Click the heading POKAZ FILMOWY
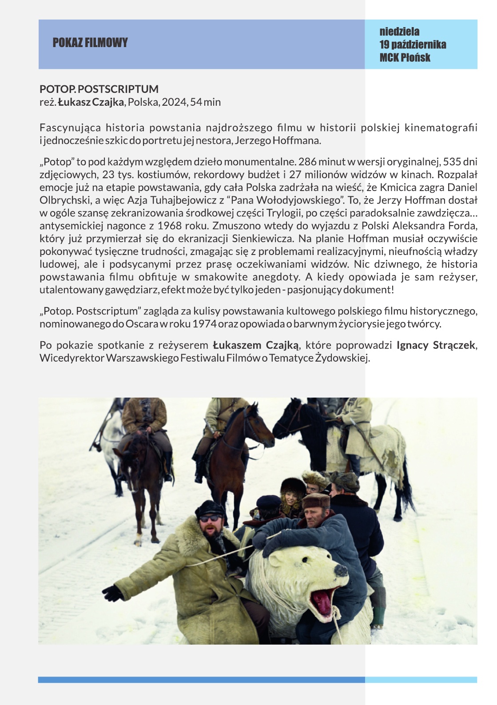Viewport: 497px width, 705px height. point(90,43)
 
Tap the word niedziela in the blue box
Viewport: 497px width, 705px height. point(399,32)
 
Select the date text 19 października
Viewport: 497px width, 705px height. point(413,44)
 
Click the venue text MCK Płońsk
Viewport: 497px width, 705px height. point(405,57)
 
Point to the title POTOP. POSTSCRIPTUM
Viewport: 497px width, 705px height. point(99,89)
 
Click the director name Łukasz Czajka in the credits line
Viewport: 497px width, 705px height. point(91,102)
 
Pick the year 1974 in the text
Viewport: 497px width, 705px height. point(204,323)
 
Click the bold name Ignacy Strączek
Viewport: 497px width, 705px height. point(435,345)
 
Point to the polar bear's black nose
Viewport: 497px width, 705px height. point(341,570)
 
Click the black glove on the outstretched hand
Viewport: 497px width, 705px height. point(113,593)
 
